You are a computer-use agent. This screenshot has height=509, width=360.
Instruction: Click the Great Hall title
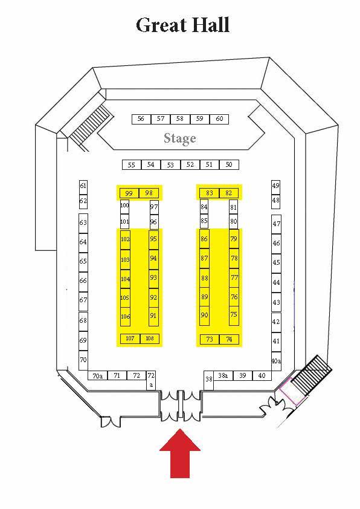182,25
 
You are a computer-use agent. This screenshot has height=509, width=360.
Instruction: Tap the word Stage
179,138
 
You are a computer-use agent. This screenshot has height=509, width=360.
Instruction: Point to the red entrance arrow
179,453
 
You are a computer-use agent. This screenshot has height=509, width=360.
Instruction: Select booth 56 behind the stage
141,119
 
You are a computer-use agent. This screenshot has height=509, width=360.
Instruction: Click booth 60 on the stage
219,119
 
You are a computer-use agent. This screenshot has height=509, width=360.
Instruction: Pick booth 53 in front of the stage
170,164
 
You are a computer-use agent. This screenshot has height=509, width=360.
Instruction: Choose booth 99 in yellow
129,193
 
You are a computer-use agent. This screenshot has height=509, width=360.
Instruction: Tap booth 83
210,193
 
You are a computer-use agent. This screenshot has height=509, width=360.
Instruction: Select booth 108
150,339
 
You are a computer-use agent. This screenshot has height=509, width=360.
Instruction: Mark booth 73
210,339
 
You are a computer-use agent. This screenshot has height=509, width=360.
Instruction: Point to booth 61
83,187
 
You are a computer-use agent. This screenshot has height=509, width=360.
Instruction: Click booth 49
275,187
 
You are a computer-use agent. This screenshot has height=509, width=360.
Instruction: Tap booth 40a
276,361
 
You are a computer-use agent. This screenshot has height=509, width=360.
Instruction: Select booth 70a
98,376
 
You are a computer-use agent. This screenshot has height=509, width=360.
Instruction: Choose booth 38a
223,376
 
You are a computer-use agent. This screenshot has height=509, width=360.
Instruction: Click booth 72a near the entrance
151,380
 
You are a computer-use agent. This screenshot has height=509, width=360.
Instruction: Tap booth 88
204,278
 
